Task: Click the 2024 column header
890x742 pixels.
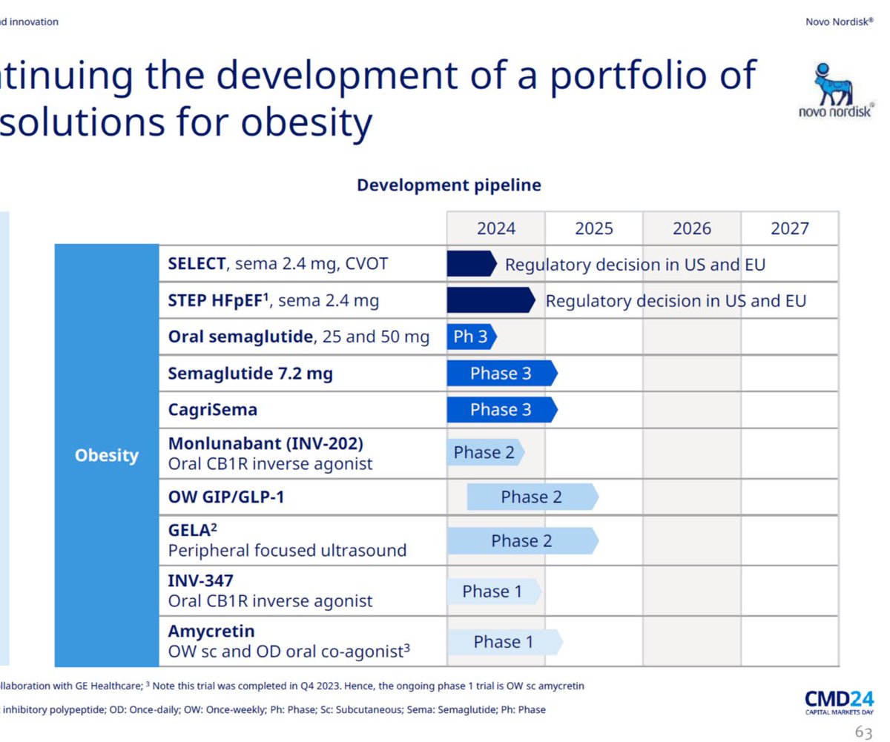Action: click(495, 229)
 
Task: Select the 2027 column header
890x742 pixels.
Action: click(789, 229)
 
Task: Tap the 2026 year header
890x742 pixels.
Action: click(692, 229)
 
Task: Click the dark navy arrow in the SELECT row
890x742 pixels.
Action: click(472, 264)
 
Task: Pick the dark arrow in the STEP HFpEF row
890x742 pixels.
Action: click(491, 300)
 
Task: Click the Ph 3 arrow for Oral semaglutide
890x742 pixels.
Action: click(472, 337)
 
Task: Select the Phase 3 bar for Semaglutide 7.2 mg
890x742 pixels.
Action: click(502, 373)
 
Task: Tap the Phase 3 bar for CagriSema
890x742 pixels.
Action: click(502, 410)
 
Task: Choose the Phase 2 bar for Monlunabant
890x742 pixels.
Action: click(486, 452)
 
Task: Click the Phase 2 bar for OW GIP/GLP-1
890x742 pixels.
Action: click(533, 497)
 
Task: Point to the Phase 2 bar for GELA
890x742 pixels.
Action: click(523, 541)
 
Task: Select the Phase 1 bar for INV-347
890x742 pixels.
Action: click(495, 592)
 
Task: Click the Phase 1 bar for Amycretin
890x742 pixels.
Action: click(505, 642)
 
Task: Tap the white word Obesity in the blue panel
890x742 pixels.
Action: click(107, 455)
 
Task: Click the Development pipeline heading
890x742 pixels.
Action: click(449, 185)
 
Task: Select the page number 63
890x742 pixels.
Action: click(863, 732)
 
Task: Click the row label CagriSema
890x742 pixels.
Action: click(213, 410)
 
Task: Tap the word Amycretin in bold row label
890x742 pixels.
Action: click(211, 632)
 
